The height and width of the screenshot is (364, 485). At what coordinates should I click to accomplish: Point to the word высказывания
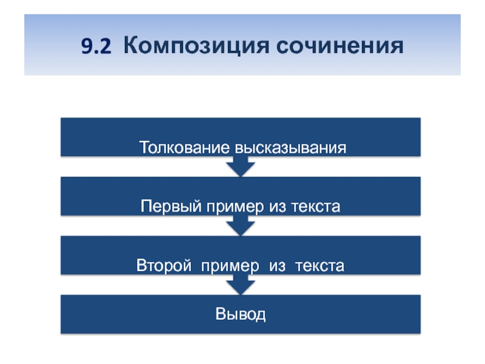(x=291, y=148)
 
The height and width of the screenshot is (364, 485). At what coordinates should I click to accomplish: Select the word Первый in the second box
(x=166, y=207)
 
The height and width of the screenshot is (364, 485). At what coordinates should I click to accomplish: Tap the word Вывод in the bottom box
(x=240, y=315)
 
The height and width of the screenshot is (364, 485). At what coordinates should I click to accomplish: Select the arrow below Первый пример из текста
(x=240, y=226)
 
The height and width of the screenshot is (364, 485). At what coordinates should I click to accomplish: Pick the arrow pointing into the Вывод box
(x=240, y=285)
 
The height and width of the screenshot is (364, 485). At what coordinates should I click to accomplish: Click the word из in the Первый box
(x=276, y=207)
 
